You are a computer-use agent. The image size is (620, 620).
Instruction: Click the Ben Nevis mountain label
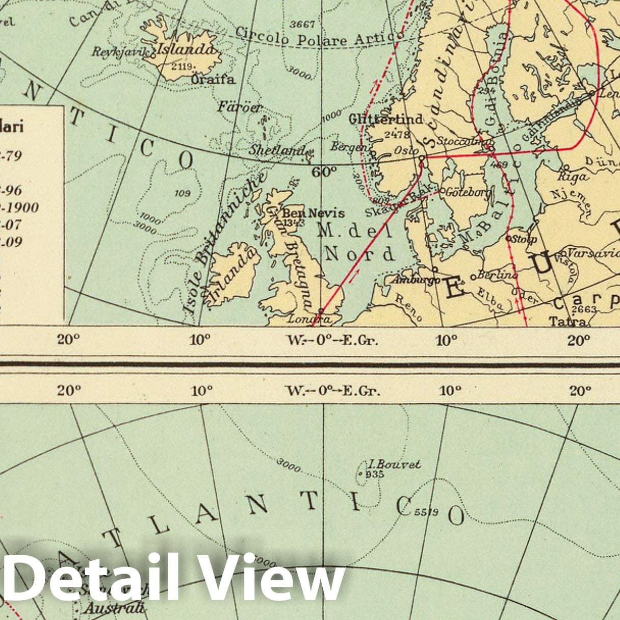pyautogui.click(x=313, y=213)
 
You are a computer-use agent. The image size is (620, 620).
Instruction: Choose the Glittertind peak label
pyautogui.click(x=386, y=119)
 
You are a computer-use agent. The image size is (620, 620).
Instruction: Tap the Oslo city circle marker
pyautogui.click(x=422, y=159)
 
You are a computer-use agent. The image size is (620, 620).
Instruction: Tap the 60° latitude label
pyautogui.click(x=324, y=172)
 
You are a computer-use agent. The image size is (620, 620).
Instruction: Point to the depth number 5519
pyautogui.click(x=426, y=512)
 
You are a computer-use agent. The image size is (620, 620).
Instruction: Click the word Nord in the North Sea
pyautogui.click(x=360, y=253)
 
